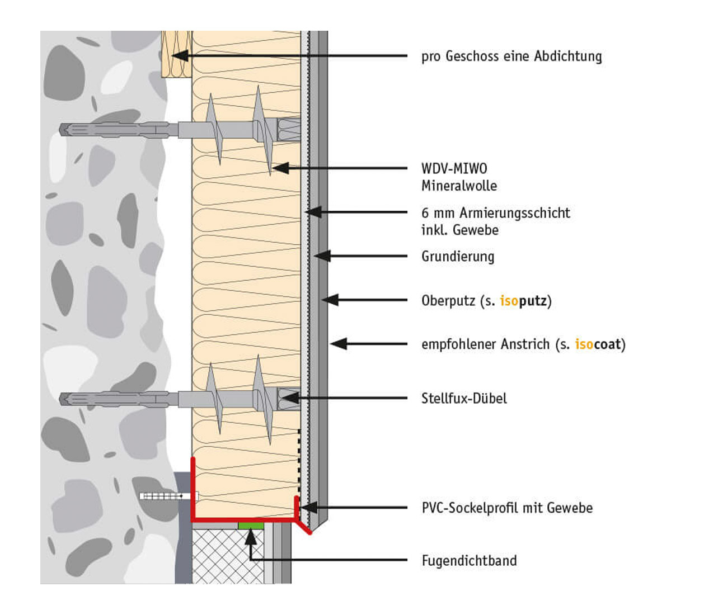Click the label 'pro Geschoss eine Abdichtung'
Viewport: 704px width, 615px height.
(511, 56)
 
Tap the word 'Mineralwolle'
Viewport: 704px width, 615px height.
(459, 186)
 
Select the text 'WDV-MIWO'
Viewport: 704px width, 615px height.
(454, 168)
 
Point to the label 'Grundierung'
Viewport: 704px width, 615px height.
(458, 257)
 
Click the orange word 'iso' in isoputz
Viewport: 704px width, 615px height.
(509, 301)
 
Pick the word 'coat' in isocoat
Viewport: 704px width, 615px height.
(607, 344)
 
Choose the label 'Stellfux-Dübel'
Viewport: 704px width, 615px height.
(464, 399)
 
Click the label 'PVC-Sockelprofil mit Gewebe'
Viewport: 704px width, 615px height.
(507, 508)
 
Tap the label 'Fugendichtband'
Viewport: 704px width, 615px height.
(469, 561)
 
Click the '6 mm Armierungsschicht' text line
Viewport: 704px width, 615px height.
(496, 213)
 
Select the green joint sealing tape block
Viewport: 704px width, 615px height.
(251, 525)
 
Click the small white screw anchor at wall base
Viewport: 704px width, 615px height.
(168, 496)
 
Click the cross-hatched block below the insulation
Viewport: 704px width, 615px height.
(227, 556)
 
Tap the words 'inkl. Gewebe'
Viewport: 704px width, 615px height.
(459, 230)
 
